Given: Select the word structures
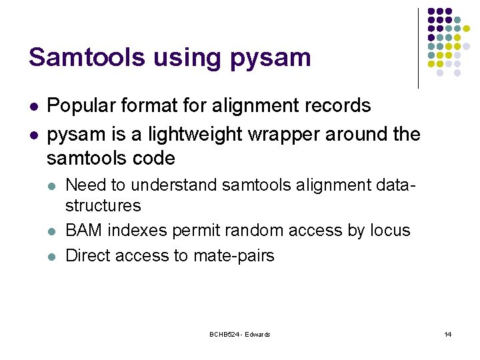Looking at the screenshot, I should (x=103, y=205).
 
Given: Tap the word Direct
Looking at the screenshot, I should (x=89, y=256).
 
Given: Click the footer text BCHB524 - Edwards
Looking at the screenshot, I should (x=239, y=335).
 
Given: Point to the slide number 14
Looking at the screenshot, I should (x=447, y=335).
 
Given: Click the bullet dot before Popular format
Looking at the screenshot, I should (x=33, y=106).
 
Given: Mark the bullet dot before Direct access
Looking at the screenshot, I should (x=52, y=256).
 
